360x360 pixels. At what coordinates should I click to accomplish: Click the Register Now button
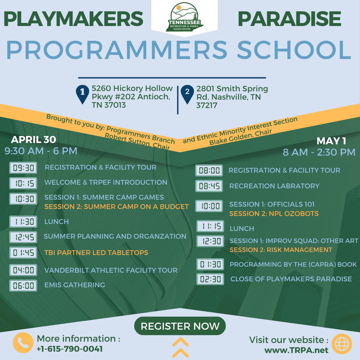point(180,326)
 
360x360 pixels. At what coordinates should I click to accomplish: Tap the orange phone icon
point(23,343)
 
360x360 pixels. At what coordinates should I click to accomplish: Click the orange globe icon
point(342,344)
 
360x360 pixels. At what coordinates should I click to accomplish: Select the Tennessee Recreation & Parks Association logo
point(184,17)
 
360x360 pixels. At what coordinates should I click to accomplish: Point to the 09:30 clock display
point(23,168)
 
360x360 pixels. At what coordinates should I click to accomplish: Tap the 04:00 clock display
point(23,270)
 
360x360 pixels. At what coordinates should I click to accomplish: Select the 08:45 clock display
point(209,186)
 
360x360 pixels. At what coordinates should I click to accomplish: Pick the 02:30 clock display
point(210,279)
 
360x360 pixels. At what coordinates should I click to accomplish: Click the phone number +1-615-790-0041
point(70,349)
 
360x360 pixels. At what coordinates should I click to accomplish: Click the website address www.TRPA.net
point(296,350)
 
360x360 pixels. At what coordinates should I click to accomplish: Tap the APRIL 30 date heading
point(34,140)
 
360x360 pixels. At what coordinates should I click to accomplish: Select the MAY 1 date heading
point(331,141)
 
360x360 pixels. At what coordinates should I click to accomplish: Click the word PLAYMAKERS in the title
point(73,19)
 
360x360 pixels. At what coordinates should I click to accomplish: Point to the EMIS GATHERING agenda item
point(75,285)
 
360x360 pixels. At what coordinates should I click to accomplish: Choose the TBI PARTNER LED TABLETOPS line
point(96,253)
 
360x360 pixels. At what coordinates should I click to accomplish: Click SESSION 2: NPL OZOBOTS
point(274,214)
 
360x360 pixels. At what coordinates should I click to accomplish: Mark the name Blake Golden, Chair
point(241,137)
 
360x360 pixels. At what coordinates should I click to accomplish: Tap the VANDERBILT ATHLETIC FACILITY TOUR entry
point(111,270)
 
